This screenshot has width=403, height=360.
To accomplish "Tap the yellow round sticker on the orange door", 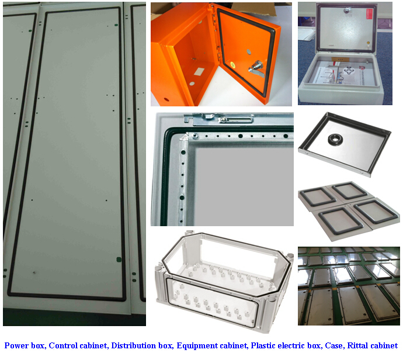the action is pyautogui.click(x=232, y=64).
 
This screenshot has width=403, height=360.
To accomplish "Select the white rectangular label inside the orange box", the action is pyautogui.click(x=199, y=71).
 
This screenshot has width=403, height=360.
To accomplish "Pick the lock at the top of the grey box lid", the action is pyautogui.click(x=347, y=10).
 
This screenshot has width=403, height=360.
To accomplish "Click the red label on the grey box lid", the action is pyautogui.click(x=370, y=15).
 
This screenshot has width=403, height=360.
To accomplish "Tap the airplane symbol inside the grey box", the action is pyautogui.click(x=349, y=71).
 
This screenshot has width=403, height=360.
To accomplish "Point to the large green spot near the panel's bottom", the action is pyautogui.click(x=119, y=259).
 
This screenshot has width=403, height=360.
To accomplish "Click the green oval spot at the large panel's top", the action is pyautogui.click(x=116, y=25).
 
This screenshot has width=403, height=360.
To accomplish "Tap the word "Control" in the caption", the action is pyautogui.click(x=63, y=345).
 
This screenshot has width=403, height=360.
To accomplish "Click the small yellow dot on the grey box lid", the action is pyautogui.click(x=368, y=43).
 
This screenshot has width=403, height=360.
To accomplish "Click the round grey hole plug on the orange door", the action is pyautogui.click(x=249, y=51).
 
